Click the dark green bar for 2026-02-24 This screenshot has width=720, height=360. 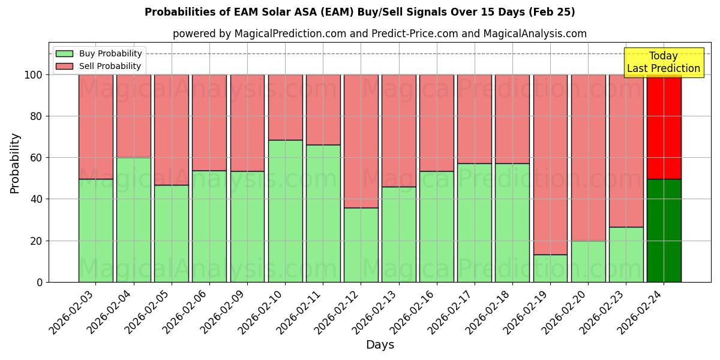(x=664, y=230)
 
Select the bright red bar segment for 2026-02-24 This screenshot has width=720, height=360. (x=664, y=127)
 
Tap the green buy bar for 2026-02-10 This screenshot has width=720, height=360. (x=285, y=211)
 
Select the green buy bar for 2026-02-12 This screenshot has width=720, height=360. (x=361, y=245)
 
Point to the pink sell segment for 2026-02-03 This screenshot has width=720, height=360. (x=95, y=127)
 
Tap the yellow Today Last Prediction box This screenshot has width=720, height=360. (x=664, y=62)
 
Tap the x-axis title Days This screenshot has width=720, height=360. (x=380, y=345)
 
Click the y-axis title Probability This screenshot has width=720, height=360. (x=15, y=163)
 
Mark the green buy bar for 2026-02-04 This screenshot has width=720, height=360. (x=133, y=220)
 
